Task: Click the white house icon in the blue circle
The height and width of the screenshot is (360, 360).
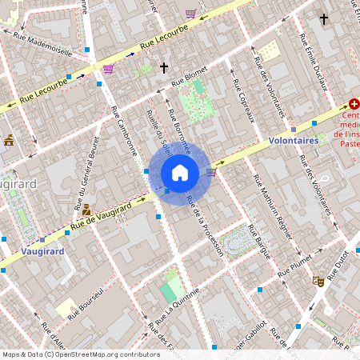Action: pos(180,172)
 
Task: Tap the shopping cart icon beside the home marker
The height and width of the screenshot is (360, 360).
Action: pos(211,170)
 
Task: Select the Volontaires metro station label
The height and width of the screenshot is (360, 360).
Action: pos(294,140)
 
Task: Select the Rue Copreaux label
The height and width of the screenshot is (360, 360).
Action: pos(244,100)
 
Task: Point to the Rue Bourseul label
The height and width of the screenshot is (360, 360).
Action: pos(86,303)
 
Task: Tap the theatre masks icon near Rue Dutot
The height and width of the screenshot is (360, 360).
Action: pos(317,282)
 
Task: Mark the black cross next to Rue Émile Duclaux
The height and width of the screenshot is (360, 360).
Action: pos(324,19)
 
